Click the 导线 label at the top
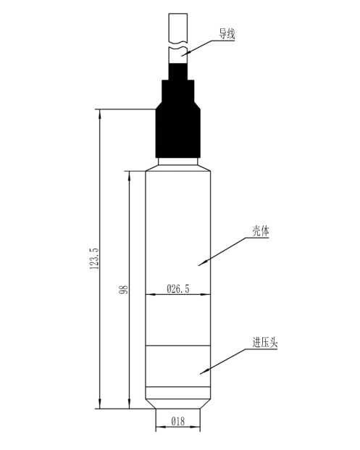coord(227,34)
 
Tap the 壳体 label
coord(261,230)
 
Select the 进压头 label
coord(265,343)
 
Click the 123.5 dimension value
coord(94,259)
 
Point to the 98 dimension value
coord(124,289)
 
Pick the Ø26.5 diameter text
coord(178,288)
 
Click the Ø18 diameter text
coord(178,422)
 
